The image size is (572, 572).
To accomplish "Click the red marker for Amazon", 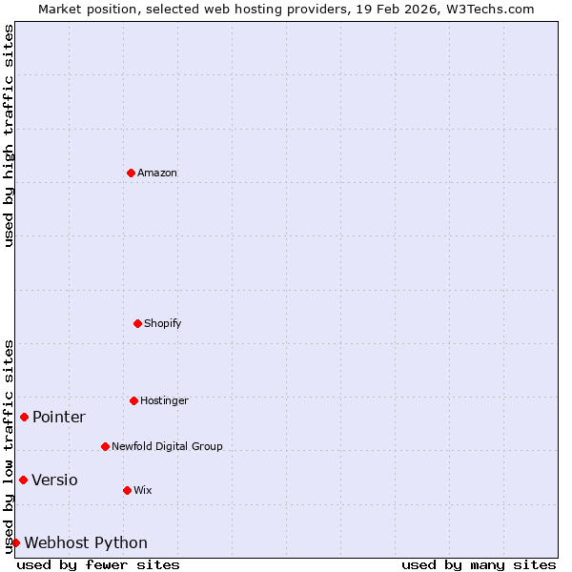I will click(131, 173).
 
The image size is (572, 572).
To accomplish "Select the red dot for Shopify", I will click(137, 323).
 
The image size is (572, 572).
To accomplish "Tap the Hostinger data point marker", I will click(133, 400).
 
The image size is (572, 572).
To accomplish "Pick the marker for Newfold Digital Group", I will click(105, 446).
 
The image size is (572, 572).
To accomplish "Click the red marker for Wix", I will click(127, 490).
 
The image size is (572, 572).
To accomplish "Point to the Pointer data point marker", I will click(24, 417).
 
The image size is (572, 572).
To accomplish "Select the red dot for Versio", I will click(23, 480).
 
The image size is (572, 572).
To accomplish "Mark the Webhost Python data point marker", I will click(15, 542).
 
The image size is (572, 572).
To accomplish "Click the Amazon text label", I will click(157, 173).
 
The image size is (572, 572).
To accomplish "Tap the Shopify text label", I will click(163, 323).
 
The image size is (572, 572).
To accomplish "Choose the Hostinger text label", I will click(164, 400).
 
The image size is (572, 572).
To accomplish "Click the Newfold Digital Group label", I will click(167, 446).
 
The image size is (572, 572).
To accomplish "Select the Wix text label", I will click(143, 490).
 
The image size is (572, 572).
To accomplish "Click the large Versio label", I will click(54, 480).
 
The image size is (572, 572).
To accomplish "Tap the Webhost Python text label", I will click(86, 542).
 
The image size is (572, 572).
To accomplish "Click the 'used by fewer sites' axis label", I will click(98, 564).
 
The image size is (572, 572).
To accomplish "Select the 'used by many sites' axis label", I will click(479, 564).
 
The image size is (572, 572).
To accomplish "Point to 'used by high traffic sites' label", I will click(9, 135).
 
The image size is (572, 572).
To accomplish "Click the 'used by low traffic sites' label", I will click(9, 446).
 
